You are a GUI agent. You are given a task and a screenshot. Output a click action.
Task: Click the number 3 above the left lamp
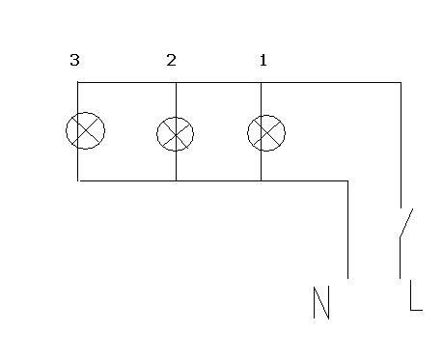coord(74,60)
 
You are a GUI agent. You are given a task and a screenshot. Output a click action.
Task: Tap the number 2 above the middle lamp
coord(171,60)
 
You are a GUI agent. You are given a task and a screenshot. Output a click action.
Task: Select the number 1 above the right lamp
coord(263,60)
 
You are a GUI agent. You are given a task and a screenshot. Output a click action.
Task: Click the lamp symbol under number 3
coord(85,130)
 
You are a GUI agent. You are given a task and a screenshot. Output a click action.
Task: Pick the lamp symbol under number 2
coord(176,134)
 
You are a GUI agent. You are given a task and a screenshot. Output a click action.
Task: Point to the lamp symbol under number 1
coord(266,133)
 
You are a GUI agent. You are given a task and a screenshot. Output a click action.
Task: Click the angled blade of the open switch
coord(406,223)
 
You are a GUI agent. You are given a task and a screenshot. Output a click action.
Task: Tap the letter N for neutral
coord(321,302)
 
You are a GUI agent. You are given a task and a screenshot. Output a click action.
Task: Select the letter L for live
coord(416,295)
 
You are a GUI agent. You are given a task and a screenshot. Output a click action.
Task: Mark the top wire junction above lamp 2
coord(176,83)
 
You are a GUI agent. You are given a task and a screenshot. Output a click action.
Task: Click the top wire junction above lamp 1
coord(261,83)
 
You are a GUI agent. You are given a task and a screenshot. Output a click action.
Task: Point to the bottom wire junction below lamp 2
coord(176,180)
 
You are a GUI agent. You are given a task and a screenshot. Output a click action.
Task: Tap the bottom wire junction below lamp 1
coord(261,180)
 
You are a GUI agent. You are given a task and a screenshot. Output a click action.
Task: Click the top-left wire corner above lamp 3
coord(78,83)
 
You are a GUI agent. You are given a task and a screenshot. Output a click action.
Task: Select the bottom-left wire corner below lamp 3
coord(78,180)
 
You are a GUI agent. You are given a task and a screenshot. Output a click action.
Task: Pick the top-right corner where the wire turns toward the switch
coord(401,83)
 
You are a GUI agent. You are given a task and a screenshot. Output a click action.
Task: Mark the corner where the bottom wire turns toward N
coord(347,180)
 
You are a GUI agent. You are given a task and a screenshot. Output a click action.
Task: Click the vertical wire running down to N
coord(347,230)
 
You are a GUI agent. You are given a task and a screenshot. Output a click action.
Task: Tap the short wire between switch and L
coord(400,259)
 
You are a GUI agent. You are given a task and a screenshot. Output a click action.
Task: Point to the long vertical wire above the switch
coord(401,146)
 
